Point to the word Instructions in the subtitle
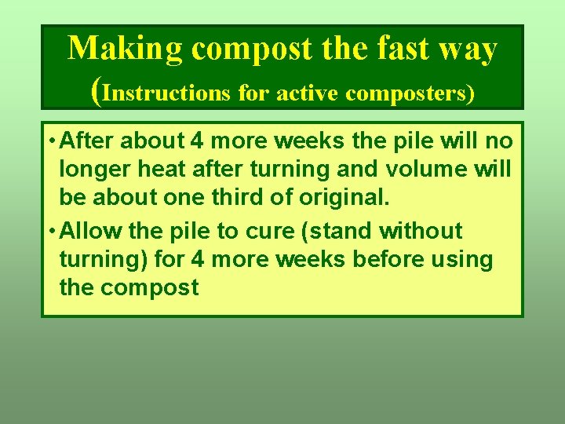click(x=166, y=93)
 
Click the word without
click(x=421, y=232)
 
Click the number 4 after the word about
click(x=197, y=142)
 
